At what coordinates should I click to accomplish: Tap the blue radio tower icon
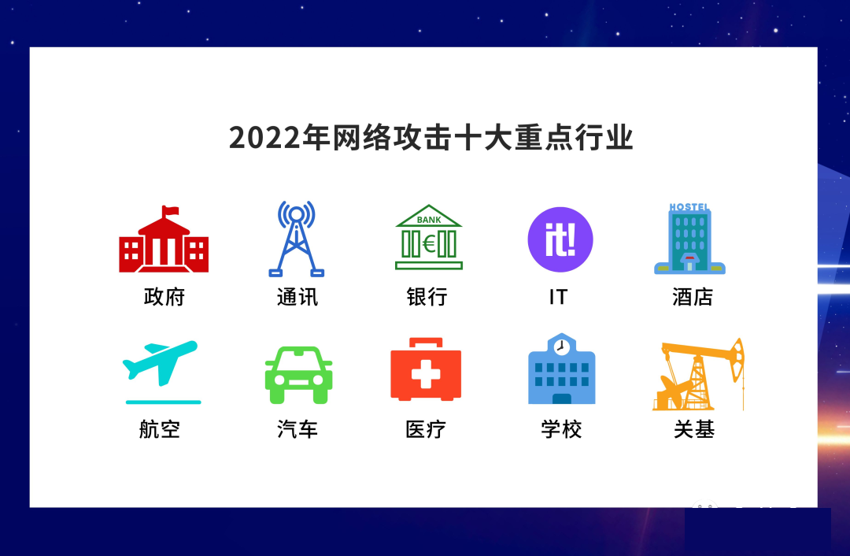(x=297, y=239)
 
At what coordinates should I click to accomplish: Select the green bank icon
(x=429, y=237)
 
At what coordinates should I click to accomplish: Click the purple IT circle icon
(x=560, y=239)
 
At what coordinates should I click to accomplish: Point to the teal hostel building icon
(x=689, y=239)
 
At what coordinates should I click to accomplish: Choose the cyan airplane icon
(x=161, y=372)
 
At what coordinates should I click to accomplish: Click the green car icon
(x=299, y=375)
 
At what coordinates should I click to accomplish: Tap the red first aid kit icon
(x=426, y=369)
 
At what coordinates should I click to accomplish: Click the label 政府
(x=164, y=297)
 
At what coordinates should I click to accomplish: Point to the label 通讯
(x=297, y=297)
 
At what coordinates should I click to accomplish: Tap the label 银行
(x=427, y=297)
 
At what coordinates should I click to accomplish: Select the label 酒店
(x=693, y=297)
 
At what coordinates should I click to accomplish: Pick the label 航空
(x=159, y=429)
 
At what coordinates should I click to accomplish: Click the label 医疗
(x=426, y=429)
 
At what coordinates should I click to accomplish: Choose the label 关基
(x=694, y=429)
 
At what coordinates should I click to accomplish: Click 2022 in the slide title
(x=264, y=138)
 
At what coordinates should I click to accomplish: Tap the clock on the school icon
(x=562, y=346)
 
